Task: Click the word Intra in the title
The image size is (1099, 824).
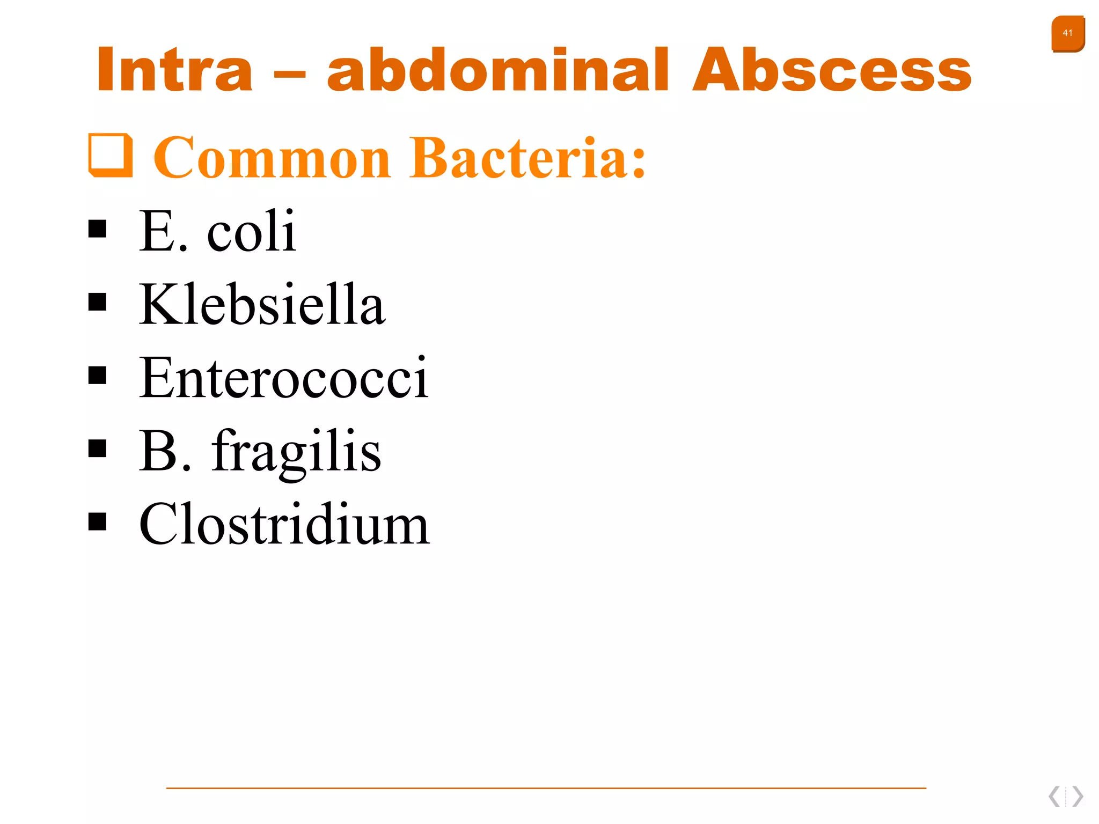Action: click(174, 70)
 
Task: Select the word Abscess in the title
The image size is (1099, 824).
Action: click(832, 70)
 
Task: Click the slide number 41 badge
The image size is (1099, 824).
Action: click(1067, 34)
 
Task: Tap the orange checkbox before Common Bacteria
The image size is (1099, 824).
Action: click(111, 155)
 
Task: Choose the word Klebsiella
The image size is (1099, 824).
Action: click(262, 304)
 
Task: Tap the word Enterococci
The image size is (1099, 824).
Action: click(284, 378)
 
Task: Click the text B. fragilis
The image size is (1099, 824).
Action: click(260, 451)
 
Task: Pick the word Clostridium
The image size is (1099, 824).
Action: click(284, 524)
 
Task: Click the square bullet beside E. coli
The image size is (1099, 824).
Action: click(97, 229)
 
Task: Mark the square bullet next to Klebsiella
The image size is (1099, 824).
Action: click(97, 302)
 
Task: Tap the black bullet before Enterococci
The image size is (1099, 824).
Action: click(97, 376)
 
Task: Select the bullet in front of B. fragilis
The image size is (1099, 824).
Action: click(97, 448)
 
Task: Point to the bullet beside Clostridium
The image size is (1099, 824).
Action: click(97, 521)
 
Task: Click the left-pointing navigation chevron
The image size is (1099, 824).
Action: click(1054, 796)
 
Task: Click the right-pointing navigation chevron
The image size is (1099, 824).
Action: click(1078, 796)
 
